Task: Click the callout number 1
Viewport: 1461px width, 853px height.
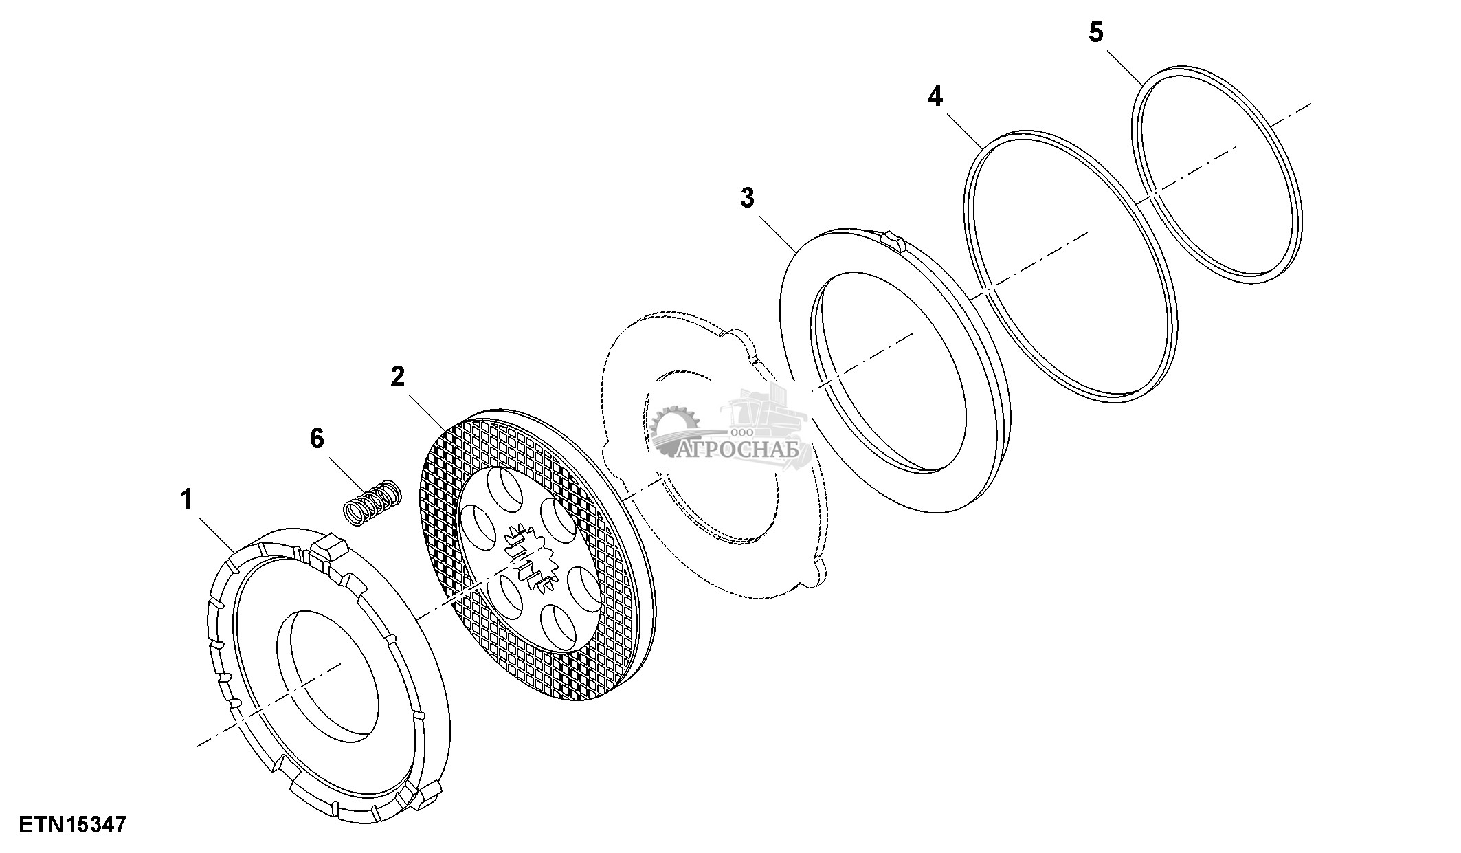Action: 186,500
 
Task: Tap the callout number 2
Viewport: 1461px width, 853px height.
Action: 398,377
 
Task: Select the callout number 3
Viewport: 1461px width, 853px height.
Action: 747,198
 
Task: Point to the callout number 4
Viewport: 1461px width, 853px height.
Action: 935,97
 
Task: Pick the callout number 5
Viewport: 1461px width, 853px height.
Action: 1096,32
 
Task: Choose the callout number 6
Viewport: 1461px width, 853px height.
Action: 317,438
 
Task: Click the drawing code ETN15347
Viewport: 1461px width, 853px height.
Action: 73,824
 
